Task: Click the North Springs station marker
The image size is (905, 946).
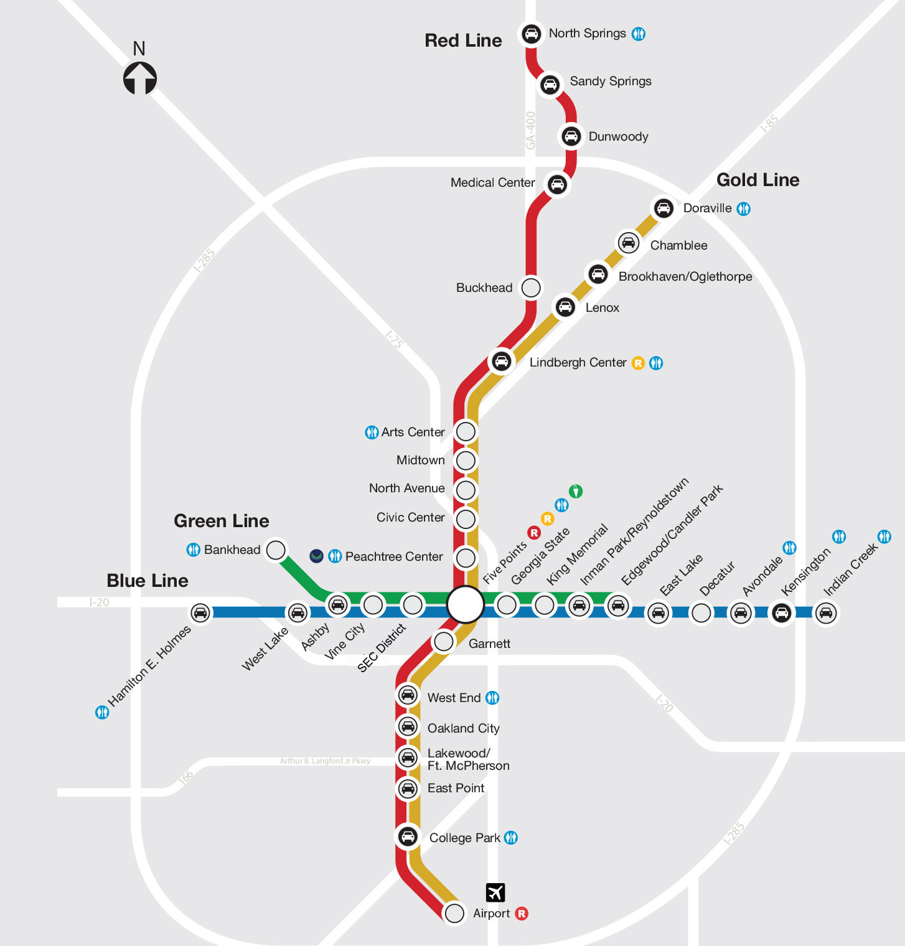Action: point(531,33)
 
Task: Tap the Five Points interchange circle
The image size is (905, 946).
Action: point(465,604)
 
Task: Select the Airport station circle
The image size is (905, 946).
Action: point(454,913)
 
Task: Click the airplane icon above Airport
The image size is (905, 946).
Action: point(495,892)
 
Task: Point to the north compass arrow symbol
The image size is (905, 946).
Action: point(139,78)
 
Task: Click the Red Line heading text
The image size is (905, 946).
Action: point(463,40)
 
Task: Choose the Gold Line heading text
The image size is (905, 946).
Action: point(757,180)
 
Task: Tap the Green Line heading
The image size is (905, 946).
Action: point(221,521)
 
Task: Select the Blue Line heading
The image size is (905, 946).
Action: point(148,581)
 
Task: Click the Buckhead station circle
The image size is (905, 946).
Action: point(531,288)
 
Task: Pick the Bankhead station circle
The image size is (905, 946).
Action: point(276,550)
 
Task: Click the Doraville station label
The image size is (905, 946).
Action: point(707,208)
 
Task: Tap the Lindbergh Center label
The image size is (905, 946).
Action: point(578,362)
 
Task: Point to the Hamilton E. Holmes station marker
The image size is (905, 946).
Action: point(200,612)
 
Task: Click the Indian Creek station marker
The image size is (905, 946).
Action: point(826,612)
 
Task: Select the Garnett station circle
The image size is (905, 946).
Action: point(443,640)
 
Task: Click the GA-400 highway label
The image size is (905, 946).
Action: point(530,130)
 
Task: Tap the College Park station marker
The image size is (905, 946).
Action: point(408,836)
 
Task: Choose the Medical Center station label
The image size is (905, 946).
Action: point(492,182)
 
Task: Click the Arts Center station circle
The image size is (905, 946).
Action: point(466,431)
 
